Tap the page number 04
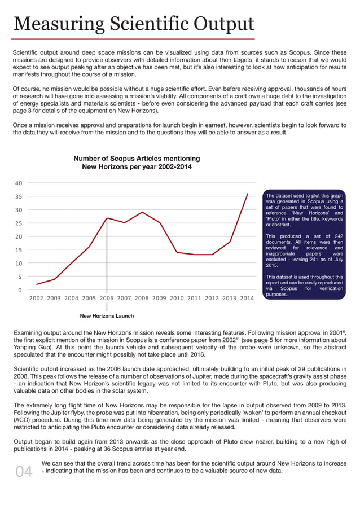pos(24,472)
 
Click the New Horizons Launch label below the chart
pos(107,316)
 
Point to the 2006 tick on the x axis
pos(107,298)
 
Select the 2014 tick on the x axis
pos(247,298)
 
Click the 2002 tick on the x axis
pos(37,298)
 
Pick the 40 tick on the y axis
pos(19,183)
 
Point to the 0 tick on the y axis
pos(20,290)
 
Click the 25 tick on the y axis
pos(19,223)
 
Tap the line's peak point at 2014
pos(247,194)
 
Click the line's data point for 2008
pos(142,212)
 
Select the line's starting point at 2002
pos(37,284)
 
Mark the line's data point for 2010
pos(177,252)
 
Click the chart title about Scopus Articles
pos(137,163)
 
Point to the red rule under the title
pos(134,38)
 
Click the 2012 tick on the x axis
pos(212,298)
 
